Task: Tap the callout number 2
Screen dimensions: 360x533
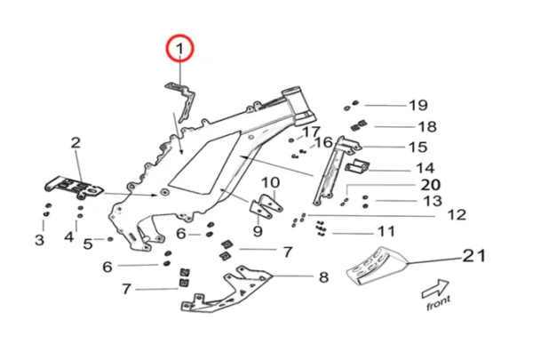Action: coord(76,142)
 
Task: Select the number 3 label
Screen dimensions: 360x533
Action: coord(39,239)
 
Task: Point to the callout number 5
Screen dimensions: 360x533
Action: coord(87,242)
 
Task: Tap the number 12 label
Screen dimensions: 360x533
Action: coord(456,215)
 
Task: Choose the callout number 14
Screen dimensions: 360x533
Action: coord(425,168)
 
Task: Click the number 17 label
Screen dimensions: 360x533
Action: coord(310,132)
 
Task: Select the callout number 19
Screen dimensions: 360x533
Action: coord(418,105)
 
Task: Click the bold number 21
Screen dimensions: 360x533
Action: coord(472,258)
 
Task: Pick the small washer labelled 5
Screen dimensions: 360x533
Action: coord(110,240)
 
